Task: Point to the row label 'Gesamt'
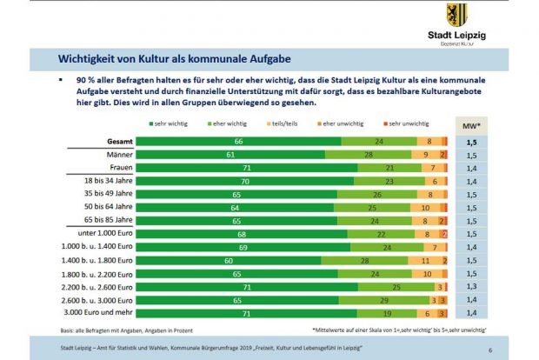120,141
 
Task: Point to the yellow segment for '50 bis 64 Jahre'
425,209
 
